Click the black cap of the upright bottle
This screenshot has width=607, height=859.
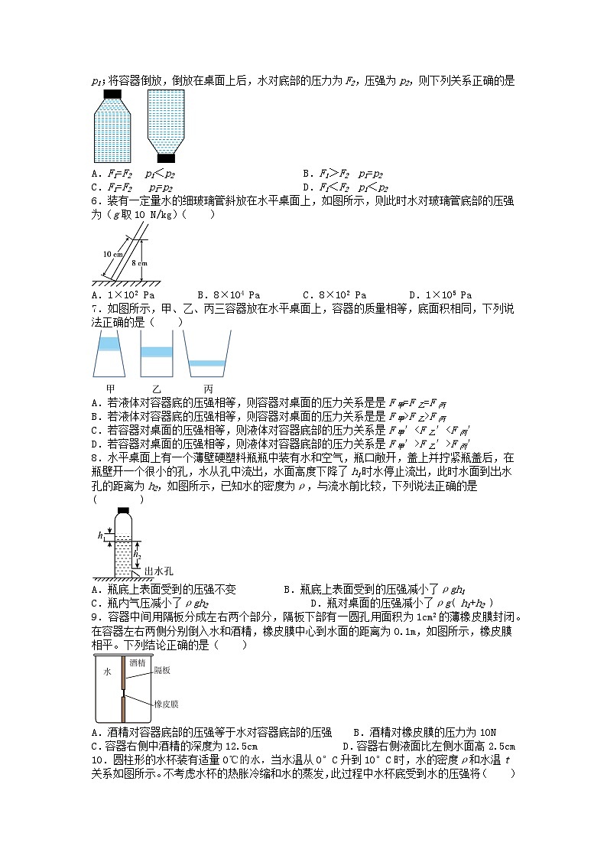pos(113,95)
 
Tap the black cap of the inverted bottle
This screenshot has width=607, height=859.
pos(166,158)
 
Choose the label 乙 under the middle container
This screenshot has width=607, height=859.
pos(157,388)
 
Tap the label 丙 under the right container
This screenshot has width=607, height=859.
pos(207,388)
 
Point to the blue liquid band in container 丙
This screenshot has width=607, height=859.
pos(206,363)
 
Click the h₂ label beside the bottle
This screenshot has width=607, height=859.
pos(137,554)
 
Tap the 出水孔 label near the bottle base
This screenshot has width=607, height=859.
pos(160,571)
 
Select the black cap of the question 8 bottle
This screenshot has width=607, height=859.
pos(123,509)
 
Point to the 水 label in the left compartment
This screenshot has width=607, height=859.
pos(107,672)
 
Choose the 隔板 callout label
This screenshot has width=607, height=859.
pos(162,669)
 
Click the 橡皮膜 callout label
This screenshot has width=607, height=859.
pos(166,703)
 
